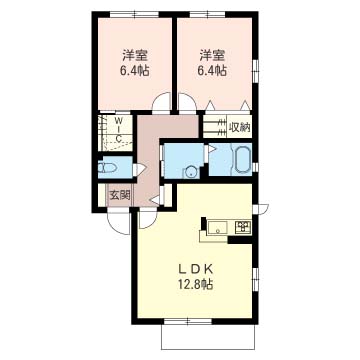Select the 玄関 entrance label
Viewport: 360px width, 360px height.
click(x=119, y=195)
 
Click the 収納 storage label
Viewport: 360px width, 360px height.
click(x=239, y=127)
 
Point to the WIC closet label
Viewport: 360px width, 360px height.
click(x=119, y=128)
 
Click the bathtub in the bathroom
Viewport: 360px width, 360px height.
click(x=243, y=161)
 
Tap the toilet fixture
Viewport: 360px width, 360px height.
click(x=107, y=167)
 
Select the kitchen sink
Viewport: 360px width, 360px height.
click(x=217, y=228)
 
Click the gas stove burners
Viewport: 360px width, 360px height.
click(x=243, y=227)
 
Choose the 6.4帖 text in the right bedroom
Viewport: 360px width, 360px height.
click(x=212, y=71)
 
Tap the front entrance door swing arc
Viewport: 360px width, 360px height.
click(x=118, y=223)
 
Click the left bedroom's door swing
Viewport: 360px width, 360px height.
click(x=161, y=101)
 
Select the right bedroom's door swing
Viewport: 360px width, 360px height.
click(x=188, y=101)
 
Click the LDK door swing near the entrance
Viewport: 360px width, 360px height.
click(x=148, y=219)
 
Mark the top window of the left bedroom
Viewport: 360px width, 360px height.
click(x=134, y=14)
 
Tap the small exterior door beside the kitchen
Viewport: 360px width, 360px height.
click(x=261, y=209)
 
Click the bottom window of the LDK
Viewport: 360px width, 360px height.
click(x=188, y=322)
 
